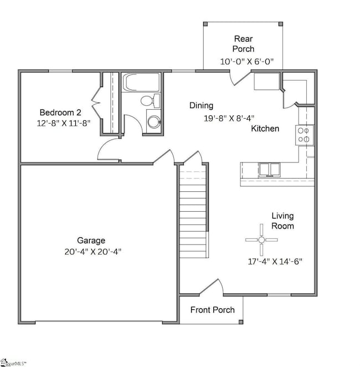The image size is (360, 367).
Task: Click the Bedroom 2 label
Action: click(61, 111)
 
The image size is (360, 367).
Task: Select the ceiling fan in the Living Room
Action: click(261, 239)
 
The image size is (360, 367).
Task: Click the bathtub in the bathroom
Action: click(141, 84)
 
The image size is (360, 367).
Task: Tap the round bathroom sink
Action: click(153, 121)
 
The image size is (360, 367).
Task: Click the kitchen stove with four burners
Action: click(305, 135)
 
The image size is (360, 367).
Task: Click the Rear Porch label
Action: click(244, 44)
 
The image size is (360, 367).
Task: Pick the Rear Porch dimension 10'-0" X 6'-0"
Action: click(243, 61)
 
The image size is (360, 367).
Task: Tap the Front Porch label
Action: click(213, 310)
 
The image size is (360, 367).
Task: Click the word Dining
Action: click(201, 105)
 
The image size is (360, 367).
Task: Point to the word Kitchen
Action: click(265, 129)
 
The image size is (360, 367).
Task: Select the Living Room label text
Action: click(282, 221)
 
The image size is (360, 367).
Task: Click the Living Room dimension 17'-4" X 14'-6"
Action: click(275, 261)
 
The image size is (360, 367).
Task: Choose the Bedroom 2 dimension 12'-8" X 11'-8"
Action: click(61, 122)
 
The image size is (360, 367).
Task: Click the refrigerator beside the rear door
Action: click(266, 83)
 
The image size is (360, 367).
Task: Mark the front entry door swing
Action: click(212, 287)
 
